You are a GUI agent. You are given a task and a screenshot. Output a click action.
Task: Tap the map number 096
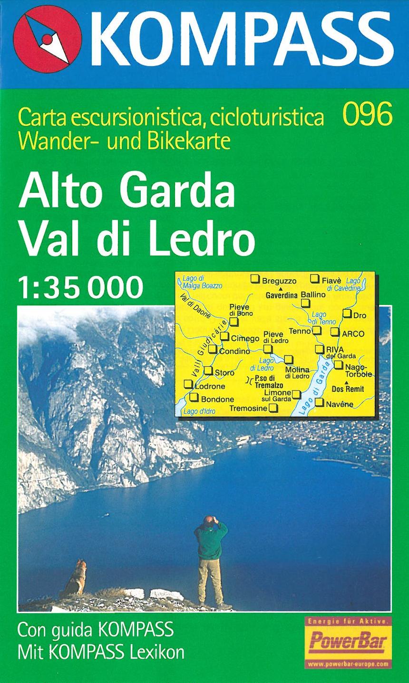click(x=367, y=115)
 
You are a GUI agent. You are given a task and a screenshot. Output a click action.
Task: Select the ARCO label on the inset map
click(x=353, y=334)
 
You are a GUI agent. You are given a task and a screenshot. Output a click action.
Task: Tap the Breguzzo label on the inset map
click(x=279, y=281)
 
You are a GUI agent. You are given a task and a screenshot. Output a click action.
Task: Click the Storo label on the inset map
click(x=224, y=373)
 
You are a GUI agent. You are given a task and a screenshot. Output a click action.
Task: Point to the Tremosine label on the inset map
click(x=248, y=408)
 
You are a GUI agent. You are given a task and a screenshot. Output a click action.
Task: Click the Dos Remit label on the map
click(x=348, y=389)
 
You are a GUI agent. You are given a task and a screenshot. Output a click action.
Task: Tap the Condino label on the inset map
click(x=234, y=352)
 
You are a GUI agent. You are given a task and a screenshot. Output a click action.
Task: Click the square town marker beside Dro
click(x=347, y=313)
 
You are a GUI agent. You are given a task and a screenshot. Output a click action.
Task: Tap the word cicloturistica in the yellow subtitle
click(x=267, y=117)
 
